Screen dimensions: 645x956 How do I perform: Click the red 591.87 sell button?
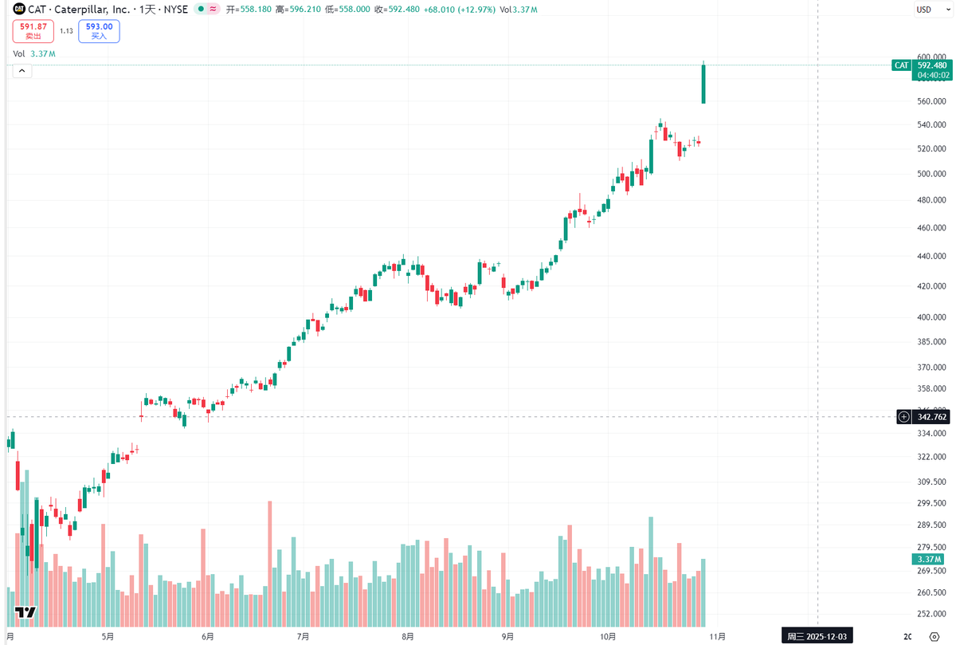33,30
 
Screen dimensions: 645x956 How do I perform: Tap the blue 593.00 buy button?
99,30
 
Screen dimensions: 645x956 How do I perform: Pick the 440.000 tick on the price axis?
931,257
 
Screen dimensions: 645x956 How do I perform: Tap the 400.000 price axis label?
931,317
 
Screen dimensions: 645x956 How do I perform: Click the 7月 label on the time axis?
303,636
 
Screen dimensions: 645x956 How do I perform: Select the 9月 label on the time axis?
507,636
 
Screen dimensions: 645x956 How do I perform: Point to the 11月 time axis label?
717,636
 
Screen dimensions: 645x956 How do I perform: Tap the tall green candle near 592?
703,84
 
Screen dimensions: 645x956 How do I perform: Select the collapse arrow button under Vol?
22,71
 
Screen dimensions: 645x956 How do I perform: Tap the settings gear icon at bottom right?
934,636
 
